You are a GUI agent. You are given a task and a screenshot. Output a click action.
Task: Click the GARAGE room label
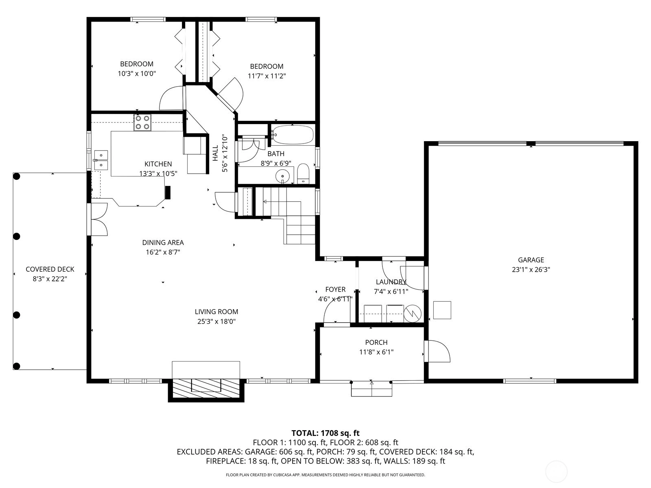pos(531,260)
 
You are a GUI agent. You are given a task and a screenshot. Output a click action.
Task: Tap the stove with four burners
pos(142,123)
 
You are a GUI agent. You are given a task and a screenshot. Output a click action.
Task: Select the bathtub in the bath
pos(293,135)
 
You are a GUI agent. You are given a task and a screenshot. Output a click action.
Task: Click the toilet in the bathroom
pos(303,173)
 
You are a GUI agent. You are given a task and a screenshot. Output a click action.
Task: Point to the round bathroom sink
pos(282,176)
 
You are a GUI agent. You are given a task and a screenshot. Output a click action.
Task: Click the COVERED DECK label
pos(50,269)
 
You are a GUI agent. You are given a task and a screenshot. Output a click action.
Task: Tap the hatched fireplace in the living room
pos(206,388)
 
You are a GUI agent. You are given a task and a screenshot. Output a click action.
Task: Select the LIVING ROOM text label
pos(216,312)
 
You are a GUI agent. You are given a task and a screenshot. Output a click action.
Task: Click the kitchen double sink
pos(101,160)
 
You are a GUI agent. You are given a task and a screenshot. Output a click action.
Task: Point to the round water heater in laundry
pos(413,314)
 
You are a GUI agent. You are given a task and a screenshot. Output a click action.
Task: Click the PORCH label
pos(376,342)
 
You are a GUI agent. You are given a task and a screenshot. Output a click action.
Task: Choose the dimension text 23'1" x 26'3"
pos(531,270)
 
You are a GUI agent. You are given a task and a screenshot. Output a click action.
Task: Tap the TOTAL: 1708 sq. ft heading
pos(325,433)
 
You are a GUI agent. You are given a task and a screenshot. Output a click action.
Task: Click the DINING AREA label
pos(163,242)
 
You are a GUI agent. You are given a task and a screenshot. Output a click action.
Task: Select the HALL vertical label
pos(215,153)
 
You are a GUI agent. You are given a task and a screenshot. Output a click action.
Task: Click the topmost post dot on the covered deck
pos(17,176)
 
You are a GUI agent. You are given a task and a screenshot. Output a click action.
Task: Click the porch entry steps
pos(371,388)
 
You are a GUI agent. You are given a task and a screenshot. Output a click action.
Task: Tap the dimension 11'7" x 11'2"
pos(267,76)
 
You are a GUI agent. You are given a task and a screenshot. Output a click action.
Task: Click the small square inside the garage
pos(442,310)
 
